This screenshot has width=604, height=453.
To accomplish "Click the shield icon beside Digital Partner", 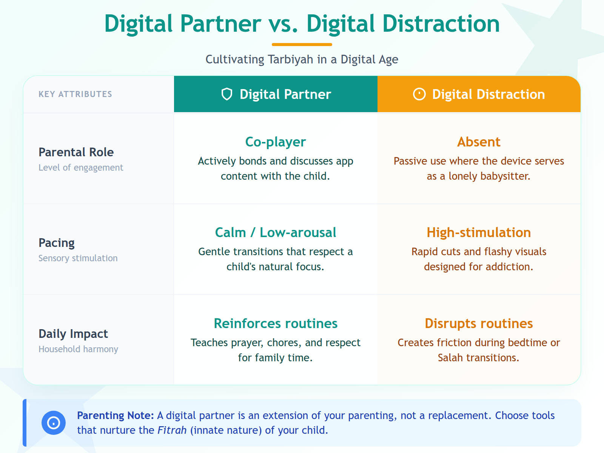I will [226, 94].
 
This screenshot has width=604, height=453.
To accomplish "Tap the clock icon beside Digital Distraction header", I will [419, 94].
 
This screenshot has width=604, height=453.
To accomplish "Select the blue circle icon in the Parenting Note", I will [54, 423].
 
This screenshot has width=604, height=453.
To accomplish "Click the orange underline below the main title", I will [302, 45].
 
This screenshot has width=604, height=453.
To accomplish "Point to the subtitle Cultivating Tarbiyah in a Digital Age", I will [302, 60].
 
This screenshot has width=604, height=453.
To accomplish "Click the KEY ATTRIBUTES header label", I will [75, 94].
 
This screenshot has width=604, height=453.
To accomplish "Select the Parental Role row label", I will [76, 152].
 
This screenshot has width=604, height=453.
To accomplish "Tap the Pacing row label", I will [57, 243].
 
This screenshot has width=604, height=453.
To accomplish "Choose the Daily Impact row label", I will [73, 334].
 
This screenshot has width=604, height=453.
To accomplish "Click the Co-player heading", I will [276, 142].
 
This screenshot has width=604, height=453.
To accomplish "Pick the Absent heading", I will [479, 142].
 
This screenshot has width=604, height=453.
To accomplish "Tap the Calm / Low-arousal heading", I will [276, 233].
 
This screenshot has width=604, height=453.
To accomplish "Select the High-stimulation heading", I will [479, 233].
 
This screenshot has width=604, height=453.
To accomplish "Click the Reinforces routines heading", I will [276, 324].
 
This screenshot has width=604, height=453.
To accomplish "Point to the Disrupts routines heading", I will [479, 324].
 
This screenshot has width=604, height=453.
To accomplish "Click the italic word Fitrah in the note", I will [172, 430].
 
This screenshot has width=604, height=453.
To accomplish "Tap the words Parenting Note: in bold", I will [115, 416].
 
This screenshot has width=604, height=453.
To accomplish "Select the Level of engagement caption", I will [81, 168].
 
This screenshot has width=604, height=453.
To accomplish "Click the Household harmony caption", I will [78, 349].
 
